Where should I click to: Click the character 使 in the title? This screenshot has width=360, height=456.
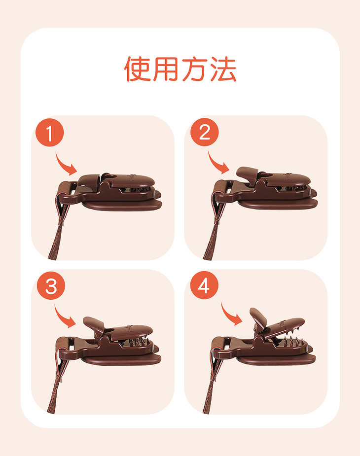[x=137, y=69]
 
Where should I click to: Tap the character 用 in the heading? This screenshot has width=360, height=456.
[x=165, y=69]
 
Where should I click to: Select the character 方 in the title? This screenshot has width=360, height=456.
[x=194, y=69]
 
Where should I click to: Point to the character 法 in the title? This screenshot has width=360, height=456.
[x=223, y=69]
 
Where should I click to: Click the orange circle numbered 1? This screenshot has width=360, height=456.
[x=49, y=133]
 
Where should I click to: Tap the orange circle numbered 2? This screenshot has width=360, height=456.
[x=204, y=132]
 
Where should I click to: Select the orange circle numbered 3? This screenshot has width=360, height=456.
[x=51, y=286]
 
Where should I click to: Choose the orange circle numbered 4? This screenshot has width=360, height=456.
[x=204, y=285]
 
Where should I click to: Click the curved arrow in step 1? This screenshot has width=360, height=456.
[x=64, y=166]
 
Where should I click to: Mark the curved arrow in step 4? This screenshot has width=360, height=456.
[x=230, y=316]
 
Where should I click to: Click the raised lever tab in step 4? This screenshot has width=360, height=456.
[x=258, y=318]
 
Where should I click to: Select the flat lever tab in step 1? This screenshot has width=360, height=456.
[x=89, y=180]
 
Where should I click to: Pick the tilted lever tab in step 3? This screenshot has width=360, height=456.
[x=93, y=324]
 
